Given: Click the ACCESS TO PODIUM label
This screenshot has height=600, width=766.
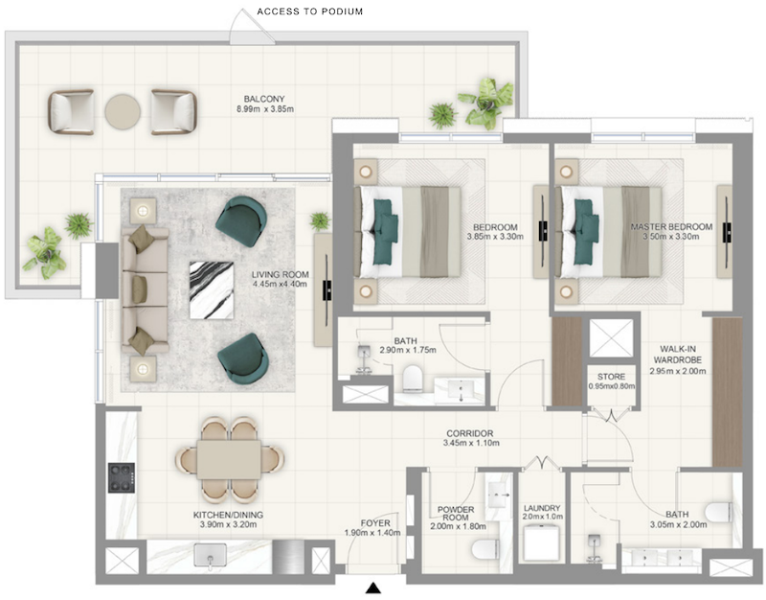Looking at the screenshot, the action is point(309,12).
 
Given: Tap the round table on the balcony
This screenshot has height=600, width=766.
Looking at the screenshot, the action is point(123,111).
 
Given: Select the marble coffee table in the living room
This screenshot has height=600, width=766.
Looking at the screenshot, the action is point(212,290).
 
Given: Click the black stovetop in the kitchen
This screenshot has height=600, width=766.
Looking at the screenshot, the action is point(122,477).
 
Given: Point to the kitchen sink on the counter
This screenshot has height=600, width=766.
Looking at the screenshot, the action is point(210,557).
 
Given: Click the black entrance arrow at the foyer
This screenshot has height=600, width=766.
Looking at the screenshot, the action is point(373,588).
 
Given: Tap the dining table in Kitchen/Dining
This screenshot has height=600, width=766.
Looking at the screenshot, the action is point(229,460).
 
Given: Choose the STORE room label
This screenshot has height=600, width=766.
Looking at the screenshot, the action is point(611,377).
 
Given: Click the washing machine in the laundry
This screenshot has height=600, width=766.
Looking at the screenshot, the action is point(541,542).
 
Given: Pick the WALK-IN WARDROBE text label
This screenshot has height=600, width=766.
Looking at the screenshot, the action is point(678,355).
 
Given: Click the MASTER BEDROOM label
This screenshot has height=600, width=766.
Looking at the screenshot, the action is point(671,227).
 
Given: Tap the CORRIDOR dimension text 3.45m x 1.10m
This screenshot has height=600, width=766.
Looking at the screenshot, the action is point(471,443).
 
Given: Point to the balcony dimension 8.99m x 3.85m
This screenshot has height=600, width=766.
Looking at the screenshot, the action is point(265,109).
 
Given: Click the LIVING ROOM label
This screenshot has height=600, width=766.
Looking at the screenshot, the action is point(280,274).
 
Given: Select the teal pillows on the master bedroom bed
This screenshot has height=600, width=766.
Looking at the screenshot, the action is point(586,231).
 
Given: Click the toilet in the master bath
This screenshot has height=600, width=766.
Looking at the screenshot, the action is point(719,512).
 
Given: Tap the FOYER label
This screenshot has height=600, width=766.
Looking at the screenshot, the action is point(375,523).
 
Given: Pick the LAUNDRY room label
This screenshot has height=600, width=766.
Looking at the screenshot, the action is point(542,508).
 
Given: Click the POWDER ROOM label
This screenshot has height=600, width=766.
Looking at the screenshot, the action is point(456,514).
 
